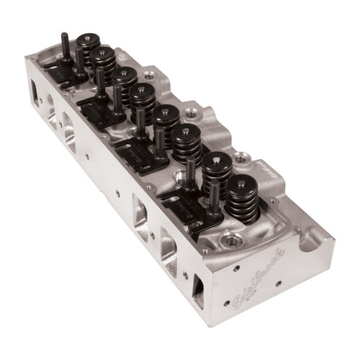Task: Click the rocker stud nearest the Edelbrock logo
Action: click(215, 194)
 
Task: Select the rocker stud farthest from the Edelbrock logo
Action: click(66, 43)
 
